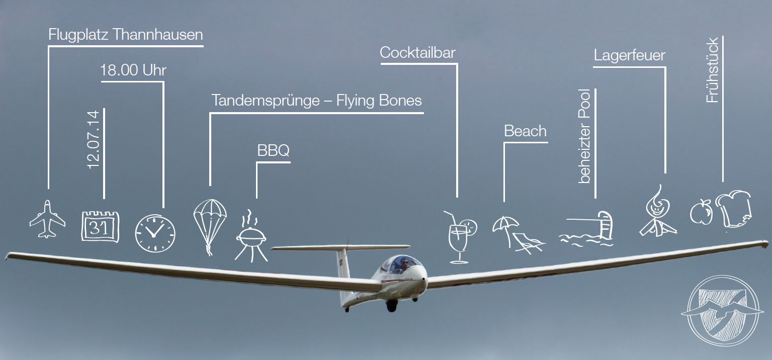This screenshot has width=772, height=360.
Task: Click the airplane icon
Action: (47, 219)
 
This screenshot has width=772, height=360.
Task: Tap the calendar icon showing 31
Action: (101, 227)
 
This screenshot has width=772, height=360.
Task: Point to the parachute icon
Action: (210, 223)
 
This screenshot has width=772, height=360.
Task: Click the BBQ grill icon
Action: (251, 237)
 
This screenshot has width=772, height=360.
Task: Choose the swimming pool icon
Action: (587, 229)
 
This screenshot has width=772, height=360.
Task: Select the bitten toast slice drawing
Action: (736, 209)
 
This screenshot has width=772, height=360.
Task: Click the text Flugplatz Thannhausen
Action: (126, 35)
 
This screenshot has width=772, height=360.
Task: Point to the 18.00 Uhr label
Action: (133, 70)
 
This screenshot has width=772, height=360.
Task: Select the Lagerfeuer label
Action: (629, 55)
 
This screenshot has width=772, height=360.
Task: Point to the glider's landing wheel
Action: (391, 305)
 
